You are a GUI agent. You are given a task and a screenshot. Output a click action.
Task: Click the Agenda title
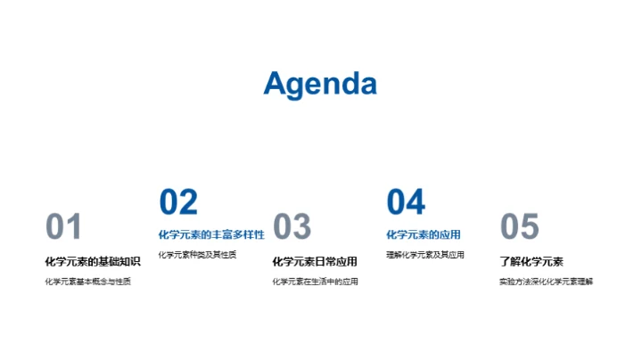pos(320,83)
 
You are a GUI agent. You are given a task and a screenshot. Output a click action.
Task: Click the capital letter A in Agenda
pos(276,83)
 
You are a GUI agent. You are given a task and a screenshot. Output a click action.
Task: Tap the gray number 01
pos(63,227)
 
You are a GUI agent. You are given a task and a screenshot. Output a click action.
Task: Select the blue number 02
pos(178,202)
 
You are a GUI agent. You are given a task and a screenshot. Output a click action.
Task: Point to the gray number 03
pos(292,227)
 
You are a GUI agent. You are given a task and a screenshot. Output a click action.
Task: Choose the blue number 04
pos(406,202)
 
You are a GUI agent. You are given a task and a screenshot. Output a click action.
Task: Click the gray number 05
pos(520,227)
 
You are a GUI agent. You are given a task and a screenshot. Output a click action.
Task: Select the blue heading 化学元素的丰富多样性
pos(211,235)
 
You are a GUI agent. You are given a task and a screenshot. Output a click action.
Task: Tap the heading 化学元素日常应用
pos(314,261)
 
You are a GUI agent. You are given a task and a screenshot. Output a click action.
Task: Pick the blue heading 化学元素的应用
pos(423,235)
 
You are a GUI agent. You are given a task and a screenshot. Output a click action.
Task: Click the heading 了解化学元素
pos(531,261)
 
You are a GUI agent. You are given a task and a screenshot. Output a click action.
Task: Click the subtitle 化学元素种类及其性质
pos(197,255)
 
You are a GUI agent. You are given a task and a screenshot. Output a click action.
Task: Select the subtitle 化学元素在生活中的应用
pos(315,282)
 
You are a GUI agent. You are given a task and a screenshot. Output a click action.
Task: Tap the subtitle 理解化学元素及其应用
pos(425,255)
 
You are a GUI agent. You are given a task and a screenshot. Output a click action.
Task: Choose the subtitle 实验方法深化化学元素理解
pos(546,282)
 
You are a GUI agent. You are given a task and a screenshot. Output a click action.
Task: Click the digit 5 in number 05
pos(531,227)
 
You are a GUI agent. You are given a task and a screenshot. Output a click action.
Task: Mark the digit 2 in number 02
pos(189,202)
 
